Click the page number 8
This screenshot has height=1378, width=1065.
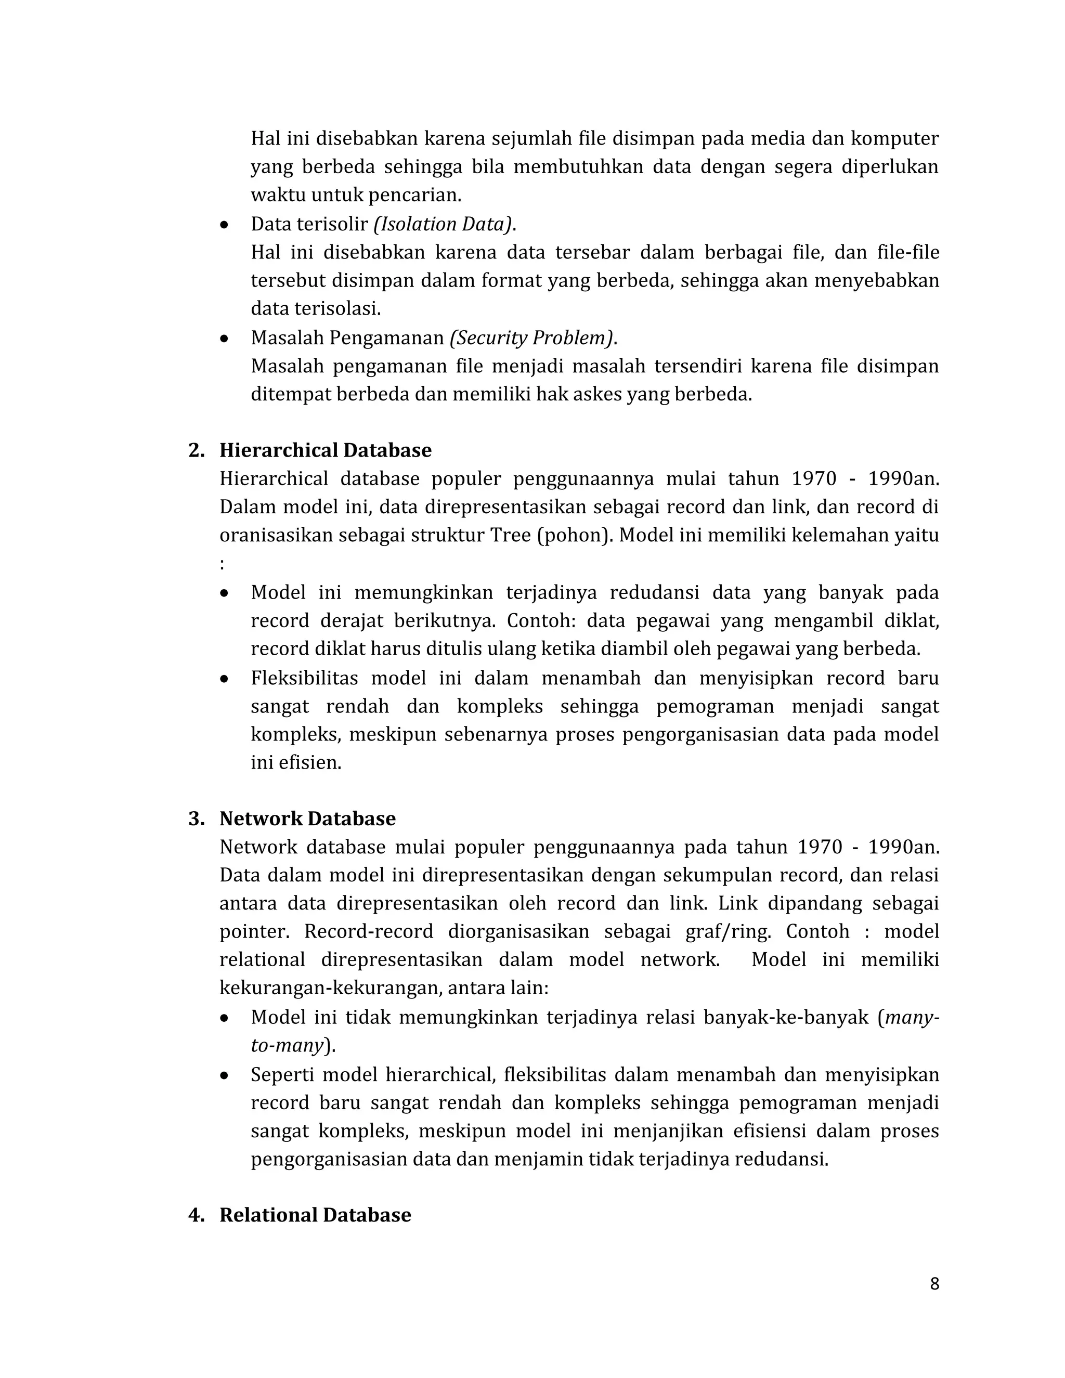pos(934,1284)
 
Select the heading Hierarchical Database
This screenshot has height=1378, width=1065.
pos(325,450)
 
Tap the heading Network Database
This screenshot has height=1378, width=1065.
pos(307,818)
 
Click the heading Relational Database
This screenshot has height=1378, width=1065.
pos(315,1215)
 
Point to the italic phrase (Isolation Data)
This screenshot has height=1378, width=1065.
pos(444,224)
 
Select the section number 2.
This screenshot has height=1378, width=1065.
pos(196,450)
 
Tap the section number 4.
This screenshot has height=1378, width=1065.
pos(196,1215)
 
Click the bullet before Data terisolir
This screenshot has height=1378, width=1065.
pos(224,225)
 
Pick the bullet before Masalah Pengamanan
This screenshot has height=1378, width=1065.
pos(224,339)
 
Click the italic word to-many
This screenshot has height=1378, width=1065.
pos(287,1046)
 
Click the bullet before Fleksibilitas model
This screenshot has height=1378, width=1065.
pos(224,679)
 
